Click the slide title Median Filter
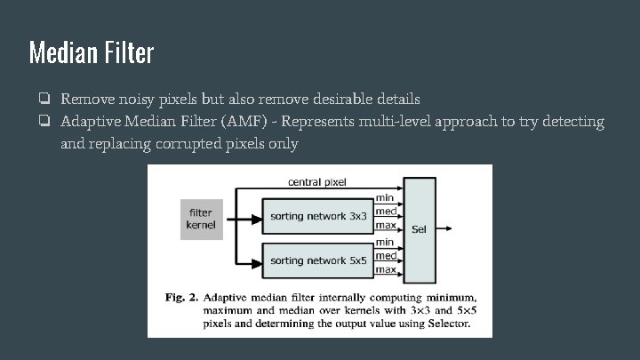(x=92, y=52)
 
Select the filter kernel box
(x=200, y=219)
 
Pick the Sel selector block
(x=419, y=228)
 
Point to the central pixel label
(x=316, y=182)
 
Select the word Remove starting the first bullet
(x=86, y=98)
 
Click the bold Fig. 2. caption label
(x=180, y=297)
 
